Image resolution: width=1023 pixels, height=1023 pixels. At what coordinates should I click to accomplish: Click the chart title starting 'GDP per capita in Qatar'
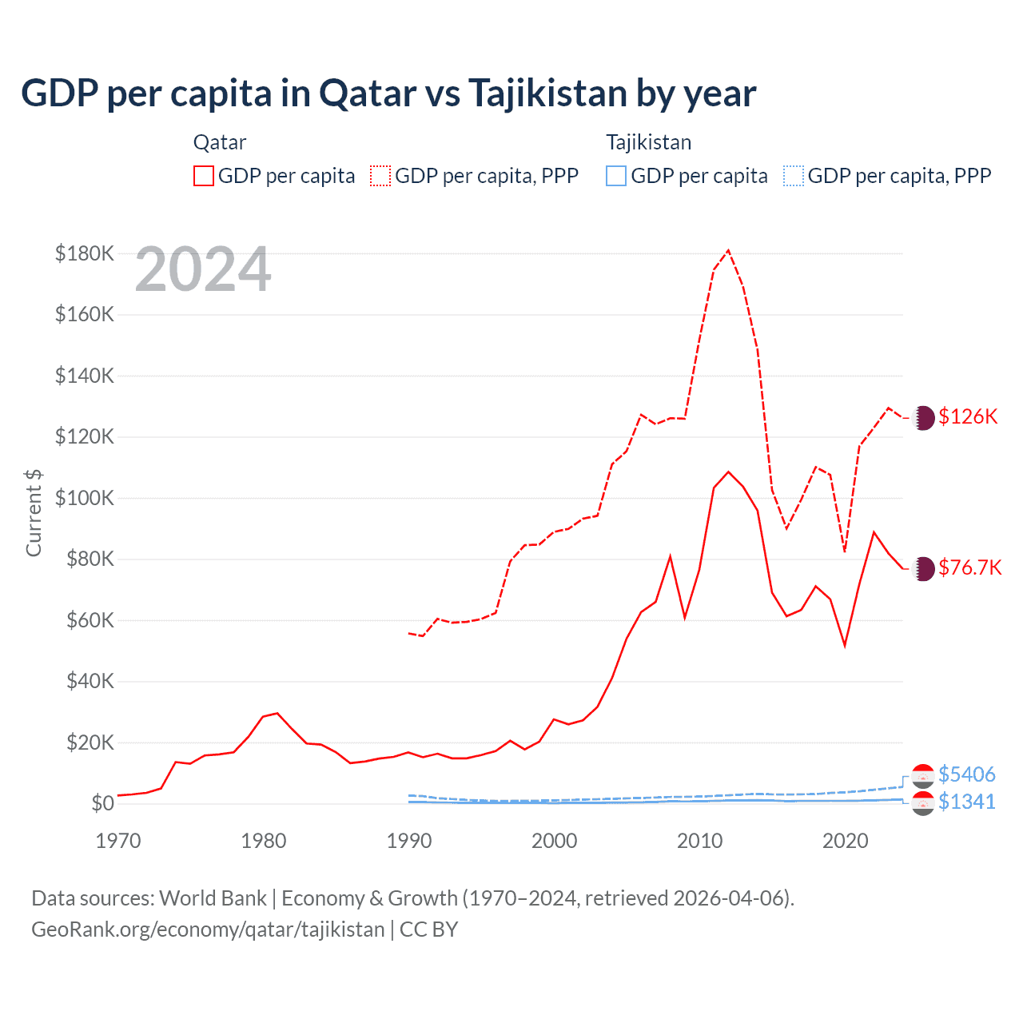click(x=388, y=94)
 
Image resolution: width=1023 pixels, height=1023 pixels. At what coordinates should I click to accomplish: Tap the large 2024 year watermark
click(x=203, y=270)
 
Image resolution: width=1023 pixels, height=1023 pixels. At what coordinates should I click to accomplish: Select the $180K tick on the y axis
click(x=85, y=253)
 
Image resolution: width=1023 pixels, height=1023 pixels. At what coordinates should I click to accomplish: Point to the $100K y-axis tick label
click(x=85, y=498)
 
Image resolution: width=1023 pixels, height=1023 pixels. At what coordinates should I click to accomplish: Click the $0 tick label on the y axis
click(x=102, y=803)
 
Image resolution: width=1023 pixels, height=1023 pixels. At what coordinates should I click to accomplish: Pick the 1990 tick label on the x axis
click(x=409, y=841)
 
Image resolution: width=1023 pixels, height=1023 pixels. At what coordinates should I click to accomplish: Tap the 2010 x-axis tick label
click(x=700, y=841)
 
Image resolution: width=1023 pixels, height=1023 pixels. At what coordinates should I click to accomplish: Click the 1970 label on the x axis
click(x=118, y=841)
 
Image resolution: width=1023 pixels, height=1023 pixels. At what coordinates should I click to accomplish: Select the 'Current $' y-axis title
click(x=34, y=512)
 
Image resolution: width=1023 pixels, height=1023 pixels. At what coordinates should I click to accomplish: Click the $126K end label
click(x=968, y=416)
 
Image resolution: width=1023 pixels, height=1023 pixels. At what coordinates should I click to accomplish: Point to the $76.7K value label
click(x=969, y=567)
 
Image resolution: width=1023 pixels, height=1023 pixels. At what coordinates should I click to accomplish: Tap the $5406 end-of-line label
click(x=966, y=774)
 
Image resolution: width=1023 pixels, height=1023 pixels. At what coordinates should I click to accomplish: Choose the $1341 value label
click(x=966, y=802)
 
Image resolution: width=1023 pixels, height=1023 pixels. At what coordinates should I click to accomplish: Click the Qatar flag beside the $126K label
click(x=923, y=417)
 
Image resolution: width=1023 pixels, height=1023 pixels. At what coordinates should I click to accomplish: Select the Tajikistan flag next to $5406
click(x=923, y=775)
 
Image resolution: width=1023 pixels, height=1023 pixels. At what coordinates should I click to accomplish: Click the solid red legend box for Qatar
click(x=204, y=176)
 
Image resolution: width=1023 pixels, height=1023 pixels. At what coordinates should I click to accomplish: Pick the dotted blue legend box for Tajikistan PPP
click(x=794, y=176)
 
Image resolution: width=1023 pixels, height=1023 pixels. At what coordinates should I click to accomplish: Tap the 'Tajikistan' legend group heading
click(x=648, y=142)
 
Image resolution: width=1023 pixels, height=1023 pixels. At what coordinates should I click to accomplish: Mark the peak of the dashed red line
click(x=728, y=251)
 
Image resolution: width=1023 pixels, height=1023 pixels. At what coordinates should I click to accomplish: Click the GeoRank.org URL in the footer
click(x=208, y=929)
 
